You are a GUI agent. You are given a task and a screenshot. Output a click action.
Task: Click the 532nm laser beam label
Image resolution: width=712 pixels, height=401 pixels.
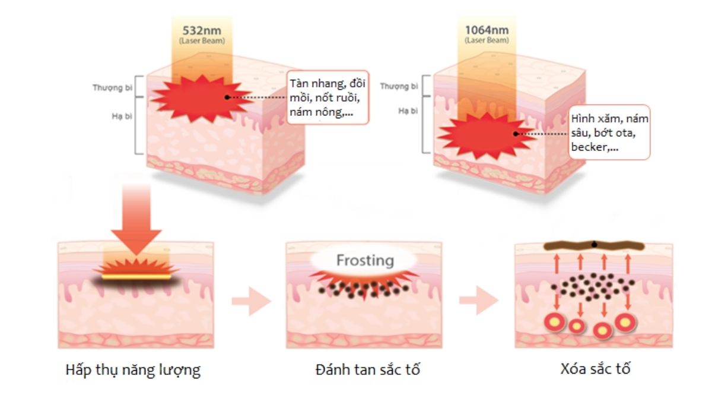[202, 35]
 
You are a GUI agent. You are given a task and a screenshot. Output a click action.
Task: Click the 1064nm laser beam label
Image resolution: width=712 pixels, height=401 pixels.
[487, 34]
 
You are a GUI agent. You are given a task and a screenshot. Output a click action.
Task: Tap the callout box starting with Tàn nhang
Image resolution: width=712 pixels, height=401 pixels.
[328, 97]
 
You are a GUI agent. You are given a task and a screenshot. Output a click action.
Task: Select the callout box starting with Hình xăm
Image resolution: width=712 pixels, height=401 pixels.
[609, 132]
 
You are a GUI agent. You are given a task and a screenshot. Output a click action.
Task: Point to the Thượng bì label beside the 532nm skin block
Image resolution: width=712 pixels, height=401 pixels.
[113, 87]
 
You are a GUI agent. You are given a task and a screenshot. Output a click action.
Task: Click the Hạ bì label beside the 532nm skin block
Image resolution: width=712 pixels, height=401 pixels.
[122, 116]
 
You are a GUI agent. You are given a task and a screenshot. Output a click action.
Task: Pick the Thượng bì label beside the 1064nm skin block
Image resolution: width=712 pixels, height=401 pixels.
[399, 86]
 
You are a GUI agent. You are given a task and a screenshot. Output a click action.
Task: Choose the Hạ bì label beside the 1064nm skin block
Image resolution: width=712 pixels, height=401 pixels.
[408, 110]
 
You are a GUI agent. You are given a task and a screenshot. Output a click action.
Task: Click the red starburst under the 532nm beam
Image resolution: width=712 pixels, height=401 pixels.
[201, 99]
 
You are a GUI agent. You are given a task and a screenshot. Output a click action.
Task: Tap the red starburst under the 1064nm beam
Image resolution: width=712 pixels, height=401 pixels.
[486, 135]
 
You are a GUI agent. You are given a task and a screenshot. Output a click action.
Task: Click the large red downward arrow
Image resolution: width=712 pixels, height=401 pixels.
[136, 220]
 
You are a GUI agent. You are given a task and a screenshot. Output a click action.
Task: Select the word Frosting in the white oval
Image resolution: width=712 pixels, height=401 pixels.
[365, 260]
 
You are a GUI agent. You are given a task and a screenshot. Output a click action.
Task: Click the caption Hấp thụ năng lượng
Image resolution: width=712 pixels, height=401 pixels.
[133, 370]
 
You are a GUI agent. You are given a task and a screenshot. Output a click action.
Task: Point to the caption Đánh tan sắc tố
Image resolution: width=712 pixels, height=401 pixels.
[368, 370]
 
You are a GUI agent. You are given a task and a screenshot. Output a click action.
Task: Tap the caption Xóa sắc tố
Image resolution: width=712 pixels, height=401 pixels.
[595, 369]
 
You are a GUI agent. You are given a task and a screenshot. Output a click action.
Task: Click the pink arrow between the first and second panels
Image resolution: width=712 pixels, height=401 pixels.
[252, 301]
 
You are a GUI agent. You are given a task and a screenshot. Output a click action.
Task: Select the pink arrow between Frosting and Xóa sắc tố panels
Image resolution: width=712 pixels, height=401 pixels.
[479, 301]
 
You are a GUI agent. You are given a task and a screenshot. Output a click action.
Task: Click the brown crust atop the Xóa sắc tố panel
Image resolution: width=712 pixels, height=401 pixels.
[594, 246]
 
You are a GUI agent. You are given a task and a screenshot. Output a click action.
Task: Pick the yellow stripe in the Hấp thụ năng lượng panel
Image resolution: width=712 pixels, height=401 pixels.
[136, 277]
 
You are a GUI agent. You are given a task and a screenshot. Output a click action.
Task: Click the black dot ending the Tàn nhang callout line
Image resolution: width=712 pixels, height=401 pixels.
[227, 97]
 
